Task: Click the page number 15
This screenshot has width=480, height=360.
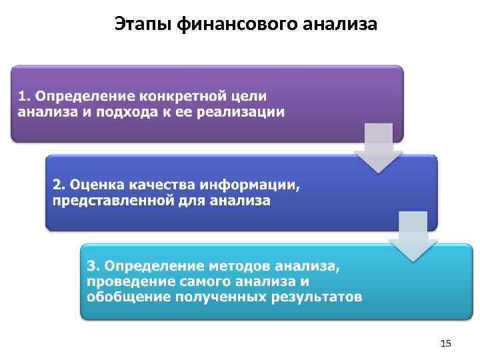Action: coord(447,343)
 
